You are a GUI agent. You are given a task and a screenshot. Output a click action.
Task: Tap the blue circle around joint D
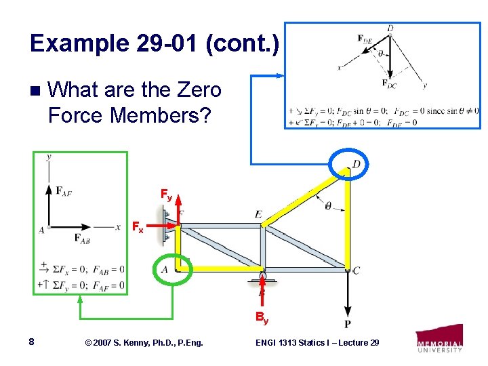click(348, 163)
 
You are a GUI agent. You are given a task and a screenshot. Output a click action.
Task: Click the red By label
click(262, 317)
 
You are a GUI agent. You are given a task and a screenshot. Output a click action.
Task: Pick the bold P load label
click(348, 324)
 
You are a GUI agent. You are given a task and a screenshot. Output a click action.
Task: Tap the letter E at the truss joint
click(259, 214)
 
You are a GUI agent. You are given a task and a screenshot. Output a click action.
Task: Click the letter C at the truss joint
click(357, 270)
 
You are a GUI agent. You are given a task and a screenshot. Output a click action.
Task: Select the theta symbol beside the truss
click(328, 205)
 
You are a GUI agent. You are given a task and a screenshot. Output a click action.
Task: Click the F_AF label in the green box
click(64, 192)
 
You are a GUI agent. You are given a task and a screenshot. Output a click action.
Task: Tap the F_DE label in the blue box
click(365, 39)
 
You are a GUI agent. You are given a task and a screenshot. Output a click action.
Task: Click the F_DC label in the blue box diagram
click(390, 83)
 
